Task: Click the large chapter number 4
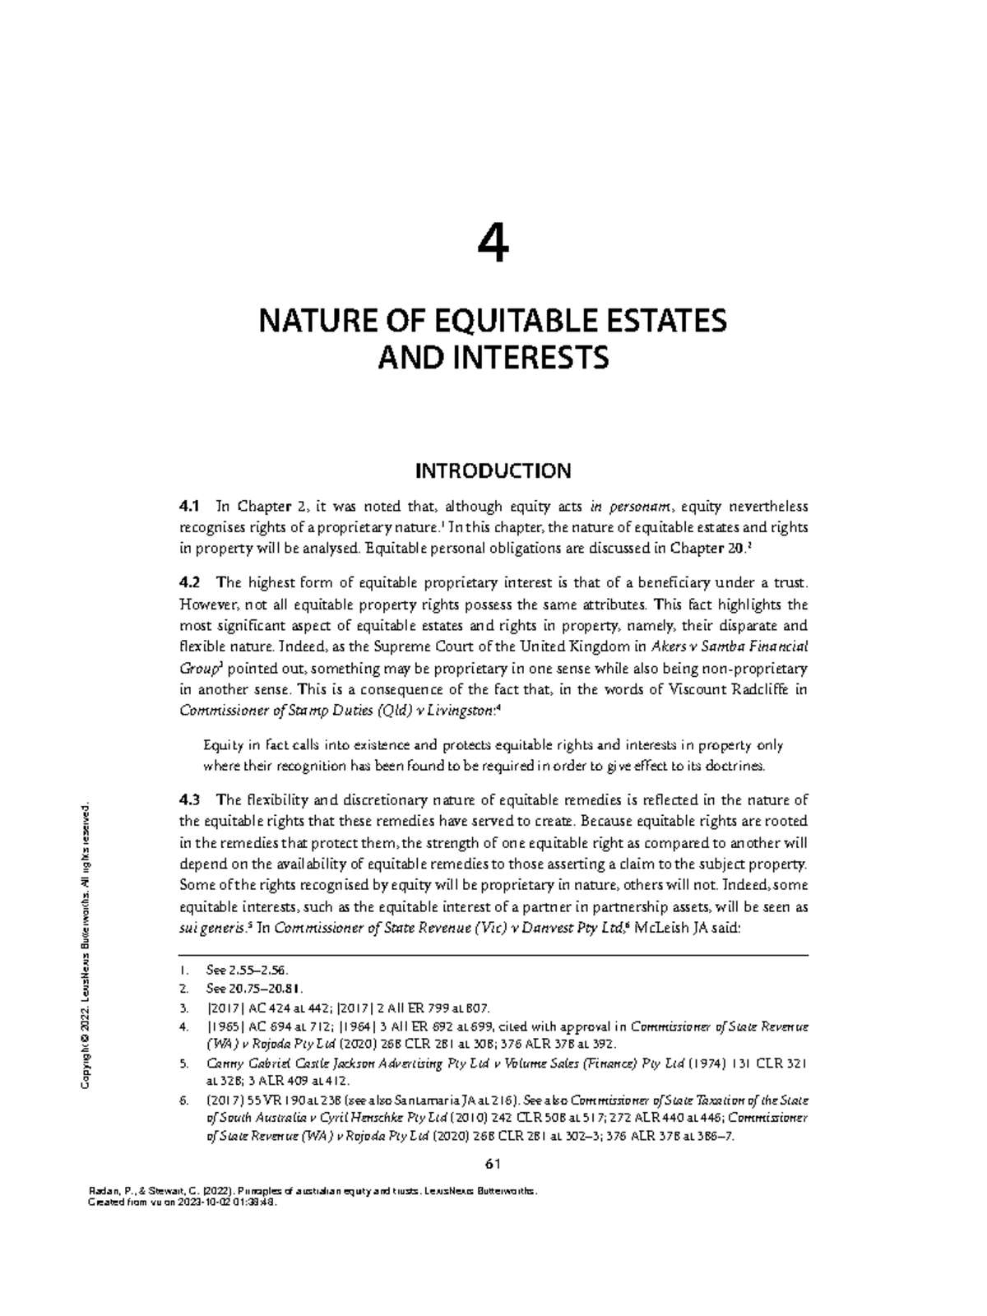click(x=493, y=243)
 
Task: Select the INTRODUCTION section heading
click(x=493, y=471)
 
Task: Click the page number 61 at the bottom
click(x=493, y=1164)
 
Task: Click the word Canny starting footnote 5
click(x=225, y=1064)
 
